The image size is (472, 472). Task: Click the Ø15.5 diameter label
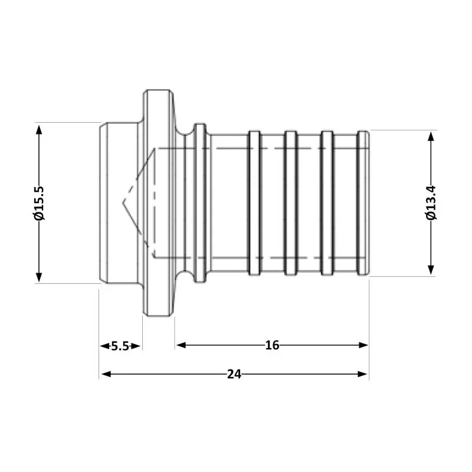pos(40,203)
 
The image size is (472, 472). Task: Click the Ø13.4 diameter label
pos(431,203)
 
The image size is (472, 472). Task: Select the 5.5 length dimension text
pos(120,346)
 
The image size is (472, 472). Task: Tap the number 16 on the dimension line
pos(272,345)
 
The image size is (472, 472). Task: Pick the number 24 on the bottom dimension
pos(234,373)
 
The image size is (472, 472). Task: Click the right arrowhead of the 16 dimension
pos(363,345)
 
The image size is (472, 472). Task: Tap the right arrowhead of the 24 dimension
pos(363,373)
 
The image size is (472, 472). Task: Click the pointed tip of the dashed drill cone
pos(124,203)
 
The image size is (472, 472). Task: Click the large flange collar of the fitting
pos(158,203)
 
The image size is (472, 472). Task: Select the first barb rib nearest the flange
pos(254,203)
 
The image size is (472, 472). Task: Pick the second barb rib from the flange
pos(290,203)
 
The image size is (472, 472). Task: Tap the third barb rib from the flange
pos(326,203)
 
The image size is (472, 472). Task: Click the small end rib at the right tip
pos(364,203)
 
